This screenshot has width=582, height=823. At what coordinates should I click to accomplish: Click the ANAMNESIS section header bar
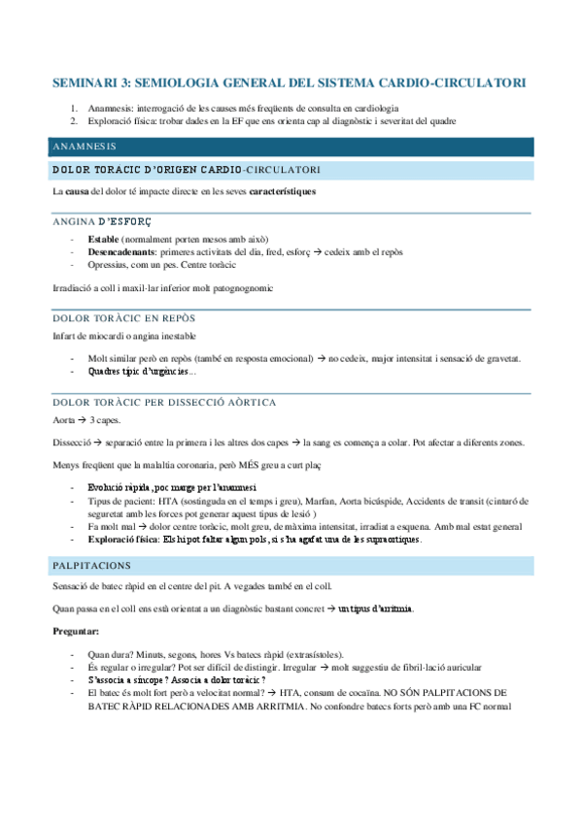pos(291,147)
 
